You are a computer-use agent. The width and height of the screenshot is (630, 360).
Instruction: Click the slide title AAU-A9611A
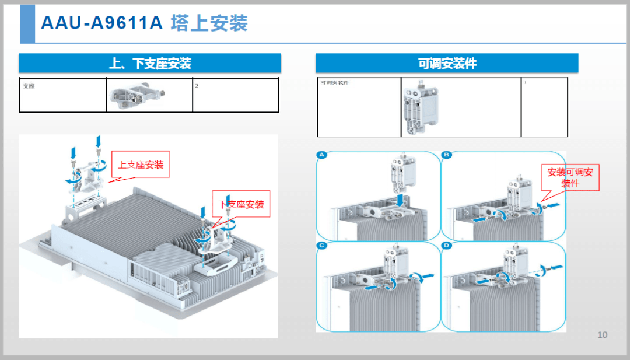tap(101, 23)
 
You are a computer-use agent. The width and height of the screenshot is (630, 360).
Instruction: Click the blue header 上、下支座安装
tap(150, 64)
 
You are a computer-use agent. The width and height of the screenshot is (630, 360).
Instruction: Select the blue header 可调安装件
tap(447, 64)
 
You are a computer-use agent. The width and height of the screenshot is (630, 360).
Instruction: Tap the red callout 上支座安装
tap(141, 165)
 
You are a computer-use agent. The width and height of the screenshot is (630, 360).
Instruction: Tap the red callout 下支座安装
tap(241, 205)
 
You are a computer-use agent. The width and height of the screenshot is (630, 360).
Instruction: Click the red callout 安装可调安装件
tap(570, 177)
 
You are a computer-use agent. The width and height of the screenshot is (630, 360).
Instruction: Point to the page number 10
tap(603, 334)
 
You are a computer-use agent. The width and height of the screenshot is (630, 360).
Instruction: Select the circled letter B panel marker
tap(447, 155)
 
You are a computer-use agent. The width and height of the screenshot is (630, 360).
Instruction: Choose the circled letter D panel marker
tap(447, 246)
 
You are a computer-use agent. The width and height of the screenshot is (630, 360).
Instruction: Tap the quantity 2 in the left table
tap(197, 86)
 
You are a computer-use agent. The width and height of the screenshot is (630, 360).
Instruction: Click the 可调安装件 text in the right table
tap(335, 83)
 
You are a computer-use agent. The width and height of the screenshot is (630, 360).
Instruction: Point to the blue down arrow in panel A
tap(400, 200)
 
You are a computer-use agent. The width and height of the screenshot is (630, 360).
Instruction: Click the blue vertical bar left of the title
tap(27, 23)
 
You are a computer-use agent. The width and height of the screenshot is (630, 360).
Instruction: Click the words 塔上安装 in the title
tap(209, 23)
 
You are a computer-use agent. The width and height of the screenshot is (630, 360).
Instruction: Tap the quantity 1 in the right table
tap(525, 83)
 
